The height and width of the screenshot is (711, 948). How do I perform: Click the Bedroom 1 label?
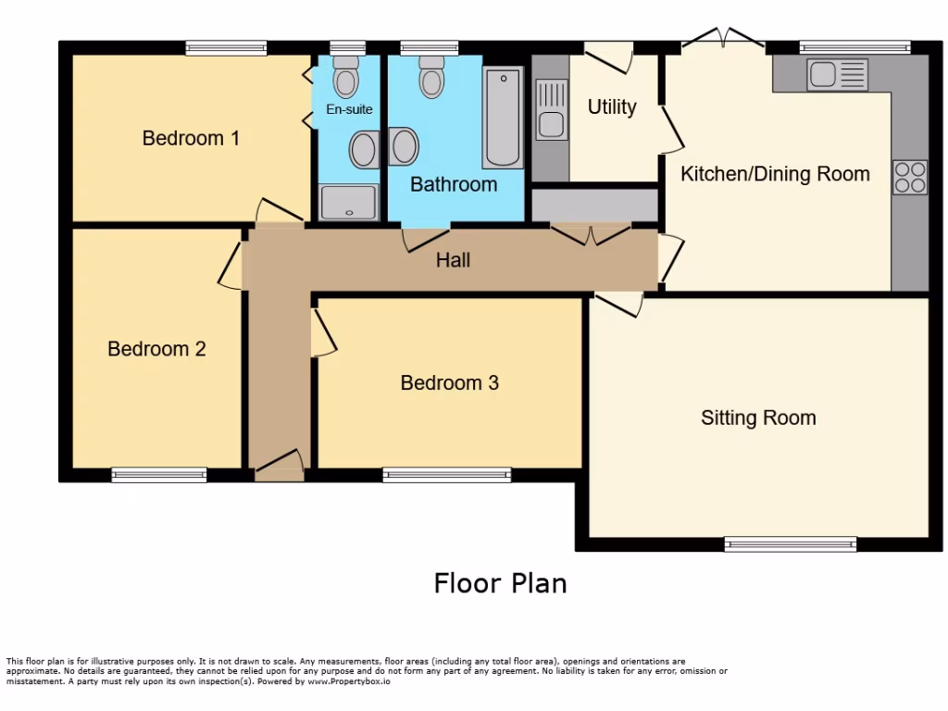tap(191, 139)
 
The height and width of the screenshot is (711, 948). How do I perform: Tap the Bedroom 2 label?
tap(156, 349)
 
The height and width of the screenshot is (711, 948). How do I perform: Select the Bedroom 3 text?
tap(449, 382)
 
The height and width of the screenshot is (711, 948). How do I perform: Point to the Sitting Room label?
tap(758, 418)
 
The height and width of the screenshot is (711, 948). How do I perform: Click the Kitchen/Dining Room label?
tap(775, 174)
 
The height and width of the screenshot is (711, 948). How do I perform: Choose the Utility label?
tap(612, 107)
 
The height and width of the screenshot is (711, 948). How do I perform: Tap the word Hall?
tap(453, 260)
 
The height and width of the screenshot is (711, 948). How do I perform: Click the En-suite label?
tap(349, 109)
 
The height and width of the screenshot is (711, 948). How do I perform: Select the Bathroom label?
tap(454, 184)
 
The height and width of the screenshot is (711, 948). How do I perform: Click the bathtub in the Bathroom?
tap(503, 117)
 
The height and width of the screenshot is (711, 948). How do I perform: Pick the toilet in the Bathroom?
tap(431, 77)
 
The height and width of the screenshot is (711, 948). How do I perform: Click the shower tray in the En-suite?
tap(349, 202)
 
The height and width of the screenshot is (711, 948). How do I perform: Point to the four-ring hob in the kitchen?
tap(909, 177)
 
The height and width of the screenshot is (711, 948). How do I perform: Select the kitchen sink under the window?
tap(836, 75)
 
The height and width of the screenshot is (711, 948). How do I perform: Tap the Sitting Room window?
tap(791, 544)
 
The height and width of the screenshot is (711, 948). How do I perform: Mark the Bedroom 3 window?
tap(447, 475)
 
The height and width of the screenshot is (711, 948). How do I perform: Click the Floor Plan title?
tap(500, 583)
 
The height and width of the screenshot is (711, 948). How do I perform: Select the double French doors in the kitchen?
tap(723, 40)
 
